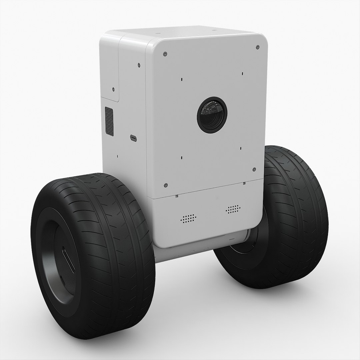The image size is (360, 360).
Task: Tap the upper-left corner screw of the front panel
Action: point(165,54)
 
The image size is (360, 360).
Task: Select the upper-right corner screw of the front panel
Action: point(257,47)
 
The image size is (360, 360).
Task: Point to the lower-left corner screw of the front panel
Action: point(166,185)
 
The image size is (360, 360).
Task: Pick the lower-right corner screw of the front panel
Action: point(254,169)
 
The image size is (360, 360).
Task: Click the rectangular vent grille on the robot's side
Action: point(109,121)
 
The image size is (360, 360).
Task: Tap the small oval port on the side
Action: point(133,138)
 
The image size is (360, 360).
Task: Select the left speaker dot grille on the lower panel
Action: point(188,218)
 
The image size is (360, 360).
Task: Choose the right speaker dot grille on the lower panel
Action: point(233,209)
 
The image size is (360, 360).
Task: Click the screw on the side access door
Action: point(113,89)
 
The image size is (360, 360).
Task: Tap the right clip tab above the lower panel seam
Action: point(244,183)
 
